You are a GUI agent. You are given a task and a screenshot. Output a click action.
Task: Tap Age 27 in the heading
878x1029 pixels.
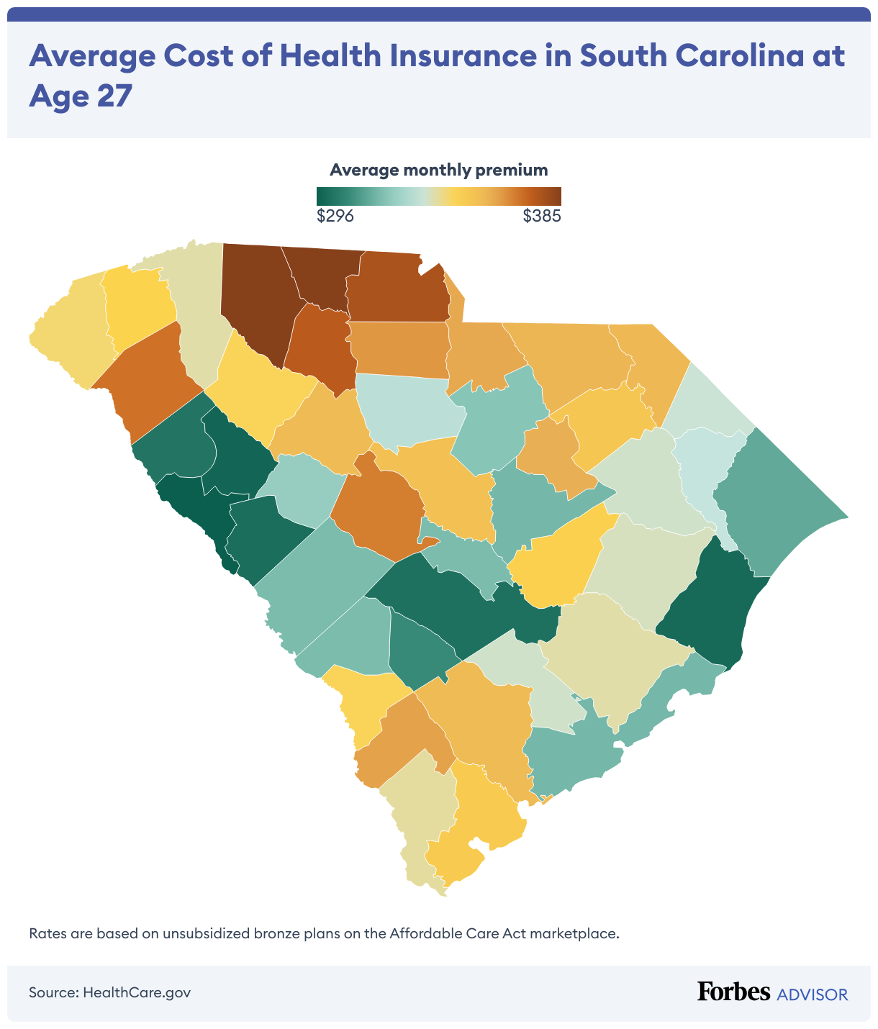coord(81,96)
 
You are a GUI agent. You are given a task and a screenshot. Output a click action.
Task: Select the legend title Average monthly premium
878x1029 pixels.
coord(438,170)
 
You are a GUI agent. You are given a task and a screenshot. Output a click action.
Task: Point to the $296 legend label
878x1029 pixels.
coord(335,216)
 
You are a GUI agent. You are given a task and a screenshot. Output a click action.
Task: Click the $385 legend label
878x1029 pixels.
coord(541,216)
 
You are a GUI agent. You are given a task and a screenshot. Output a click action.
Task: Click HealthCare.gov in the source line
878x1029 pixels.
coord(137,992)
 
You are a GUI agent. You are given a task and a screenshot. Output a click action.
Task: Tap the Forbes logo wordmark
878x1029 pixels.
coord(733,992)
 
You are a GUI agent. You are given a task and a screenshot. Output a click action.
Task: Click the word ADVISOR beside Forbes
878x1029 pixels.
coord(812,994)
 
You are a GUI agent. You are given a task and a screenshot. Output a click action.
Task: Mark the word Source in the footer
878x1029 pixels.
coord(53,992)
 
